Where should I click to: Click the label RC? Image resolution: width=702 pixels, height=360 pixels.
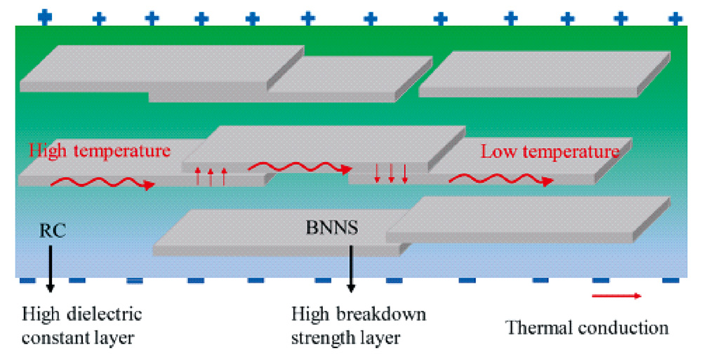pos(53,231)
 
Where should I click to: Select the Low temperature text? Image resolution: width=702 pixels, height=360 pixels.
pos(550,152)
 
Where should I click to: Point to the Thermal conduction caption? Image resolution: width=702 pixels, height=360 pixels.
pos(587,327)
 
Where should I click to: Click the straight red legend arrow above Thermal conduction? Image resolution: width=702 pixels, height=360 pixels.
pos(616,296)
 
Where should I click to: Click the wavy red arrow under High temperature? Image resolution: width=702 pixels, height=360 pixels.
pos(102,184)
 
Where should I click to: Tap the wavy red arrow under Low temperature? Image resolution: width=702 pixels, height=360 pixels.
pos(500,180)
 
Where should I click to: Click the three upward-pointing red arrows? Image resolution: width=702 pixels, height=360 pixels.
pos(211,175)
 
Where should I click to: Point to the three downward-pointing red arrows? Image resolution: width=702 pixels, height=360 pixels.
pos(391,173)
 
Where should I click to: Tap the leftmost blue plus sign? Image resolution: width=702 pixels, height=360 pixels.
pos(45,15)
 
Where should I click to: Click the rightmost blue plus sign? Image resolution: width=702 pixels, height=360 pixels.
pos(675,17)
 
